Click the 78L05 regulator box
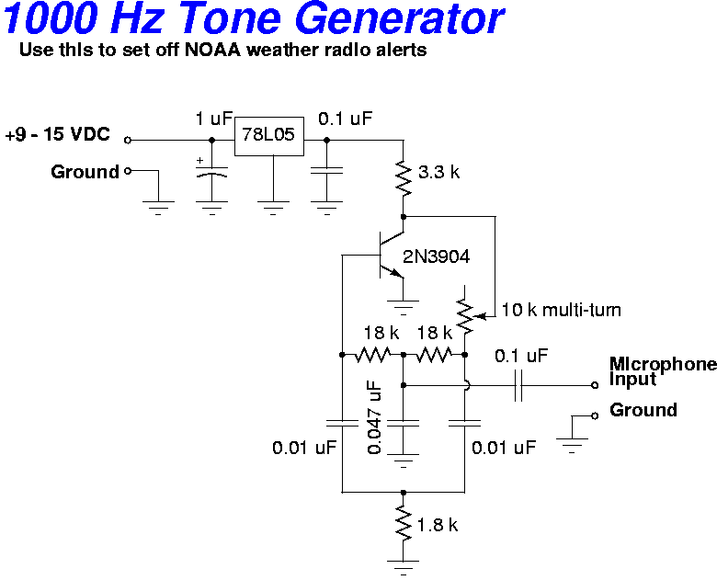(268, 136)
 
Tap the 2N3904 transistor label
(436, 256)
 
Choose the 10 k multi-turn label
(561, 310)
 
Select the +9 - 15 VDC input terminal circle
(128, 141)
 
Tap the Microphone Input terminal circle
(596, 385)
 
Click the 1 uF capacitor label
(214, 119)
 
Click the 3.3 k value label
(438, 172)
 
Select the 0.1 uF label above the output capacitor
(521, 355)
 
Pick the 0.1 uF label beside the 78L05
(346, 119)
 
